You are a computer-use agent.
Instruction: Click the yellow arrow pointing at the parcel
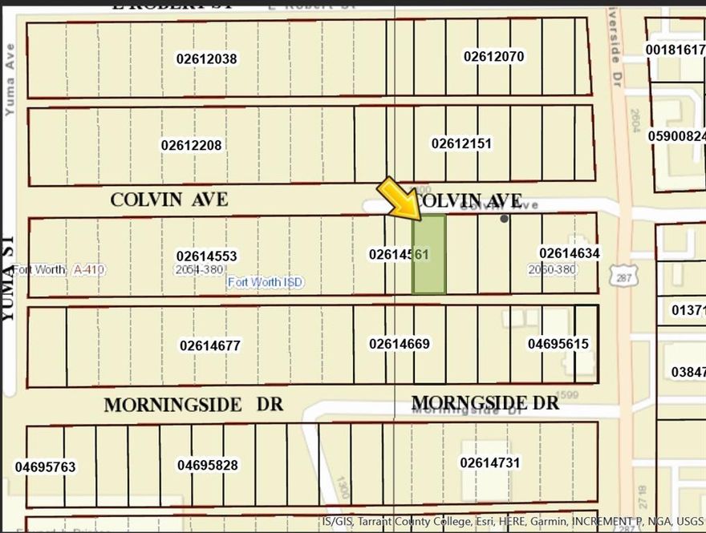(x=400, y=197)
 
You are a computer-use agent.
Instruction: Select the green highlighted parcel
(x=429, y=255)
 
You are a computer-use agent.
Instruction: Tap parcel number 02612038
(x=206, y=59)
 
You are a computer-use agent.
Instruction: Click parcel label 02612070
(x=493, y=56)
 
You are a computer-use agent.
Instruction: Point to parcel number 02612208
(x=191, y=145)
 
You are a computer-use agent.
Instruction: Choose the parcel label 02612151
(x=461, y=143)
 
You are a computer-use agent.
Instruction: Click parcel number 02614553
(x=207, y=256)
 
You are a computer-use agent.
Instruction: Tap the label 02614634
(x=570, y=253)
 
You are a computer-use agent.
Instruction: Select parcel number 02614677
(x=210, y=345)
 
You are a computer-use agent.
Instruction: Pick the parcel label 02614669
(x=400, y=344)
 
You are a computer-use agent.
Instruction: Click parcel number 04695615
(x=558, y=344)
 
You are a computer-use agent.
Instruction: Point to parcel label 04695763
(x=45, y=466)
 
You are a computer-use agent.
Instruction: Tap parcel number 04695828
(x=208, y=465)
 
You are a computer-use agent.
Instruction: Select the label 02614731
(x=490, y=462)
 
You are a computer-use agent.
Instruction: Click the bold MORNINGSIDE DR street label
(x=193, y=405)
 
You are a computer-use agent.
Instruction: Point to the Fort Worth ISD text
(x=266, y=282)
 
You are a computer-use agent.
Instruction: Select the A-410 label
(x=89, y=269)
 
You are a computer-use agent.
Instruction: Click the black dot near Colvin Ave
(x=504, y=218)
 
